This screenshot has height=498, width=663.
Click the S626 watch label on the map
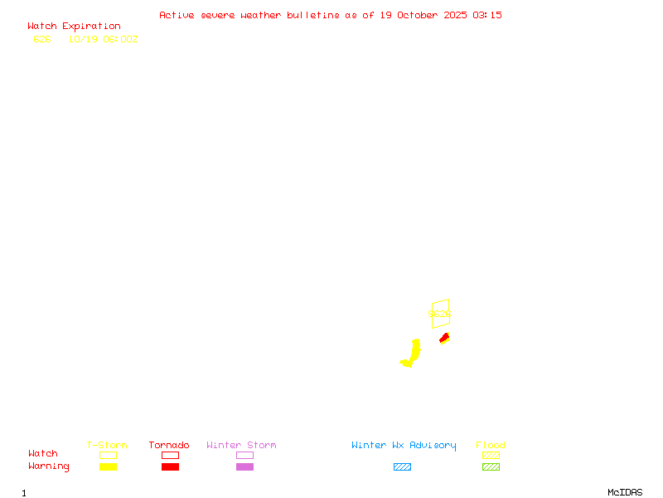[439, 315]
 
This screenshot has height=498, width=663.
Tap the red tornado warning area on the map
[445, 337]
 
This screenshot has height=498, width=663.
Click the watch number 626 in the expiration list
[41, 39]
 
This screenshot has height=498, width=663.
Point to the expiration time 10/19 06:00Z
[103, 39]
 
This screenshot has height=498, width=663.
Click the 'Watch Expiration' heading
[74, 27]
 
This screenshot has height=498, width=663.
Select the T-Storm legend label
[107, 446]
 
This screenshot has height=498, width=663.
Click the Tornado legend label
[169, 446]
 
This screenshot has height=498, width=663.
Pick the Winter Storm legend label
[241, 446]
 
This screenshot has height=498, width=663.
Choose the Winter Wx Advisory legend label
[404, 446]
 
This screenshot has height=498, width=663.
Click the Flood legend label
[491, 446]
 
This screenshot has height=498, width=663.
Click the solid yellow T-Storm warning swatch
[108, 467]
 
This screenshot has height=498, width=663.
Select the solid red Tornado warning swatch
[170, 467]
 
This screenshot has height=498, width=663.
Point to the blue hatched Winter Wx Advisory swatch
[402, 467]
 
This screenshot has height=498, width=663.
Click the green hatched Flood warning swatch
[491, 467]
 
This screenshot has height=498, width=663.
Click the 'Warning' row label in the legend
[49, 466]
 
